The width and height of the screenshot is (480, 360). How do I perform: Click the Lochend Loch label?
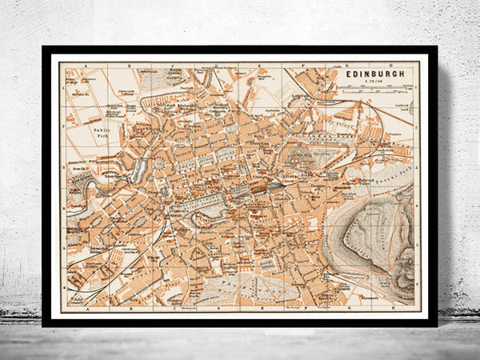point(402,106)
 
